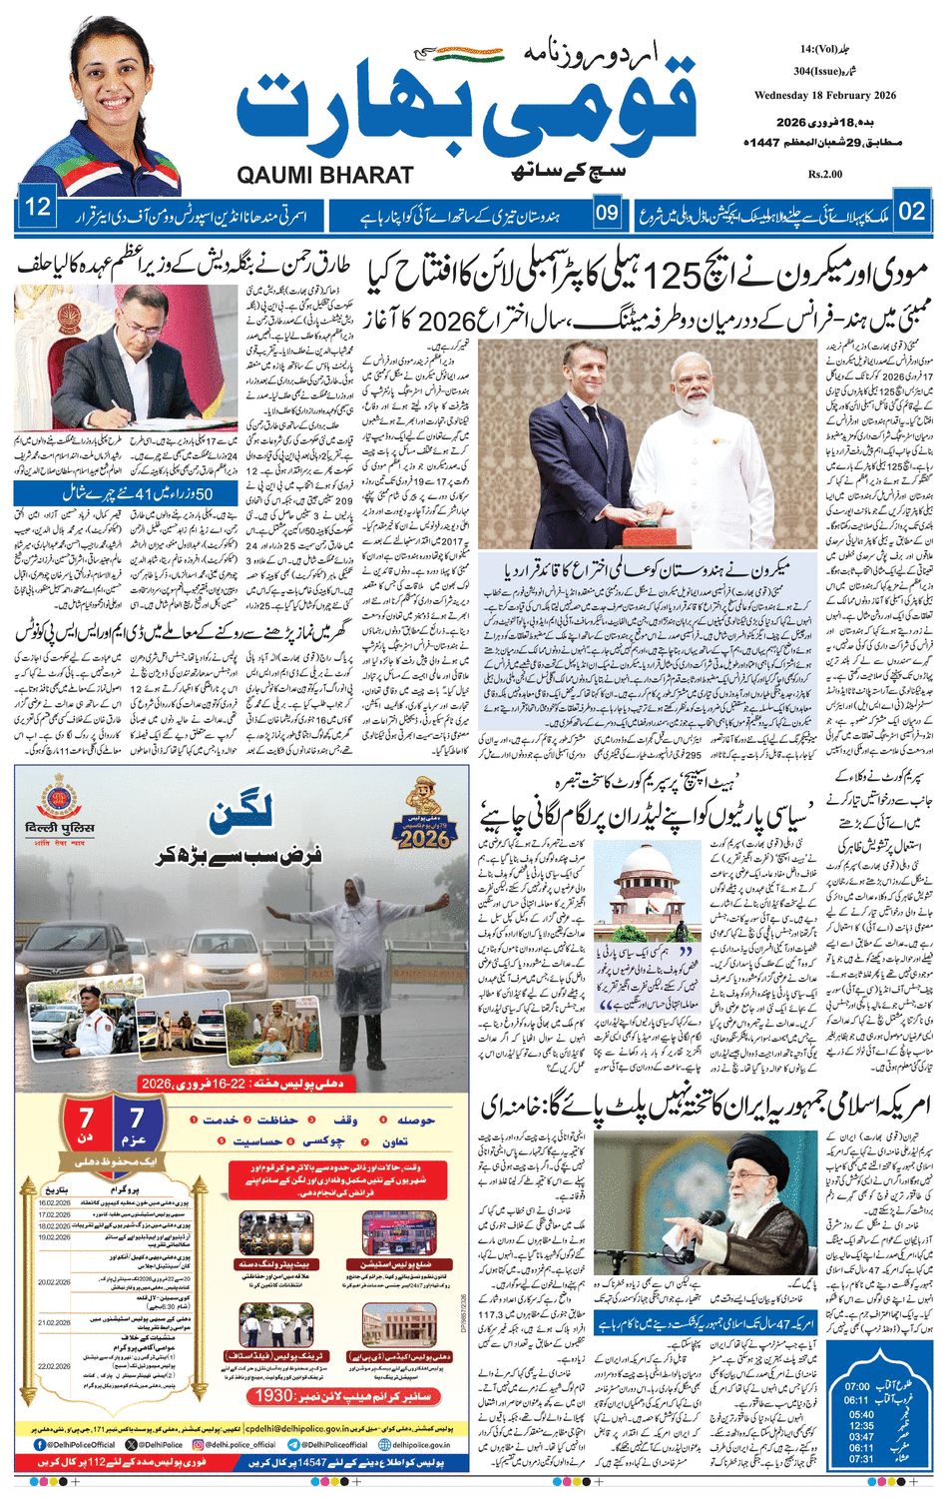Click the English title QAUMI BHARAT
325,176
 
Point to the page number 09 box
607,212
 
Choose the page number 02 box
911,211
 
